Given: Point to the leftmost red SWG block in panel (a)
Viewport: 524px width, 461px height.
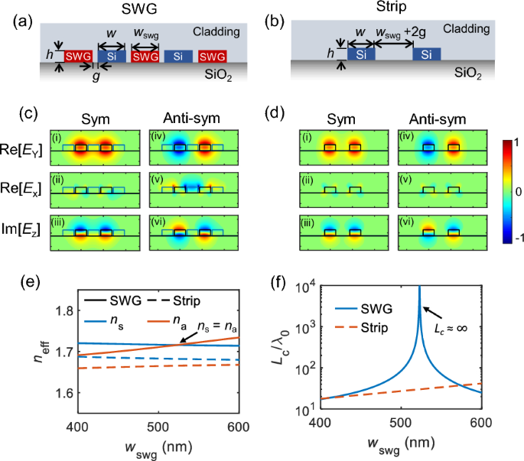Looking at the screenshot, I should [x=77, y=57].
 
